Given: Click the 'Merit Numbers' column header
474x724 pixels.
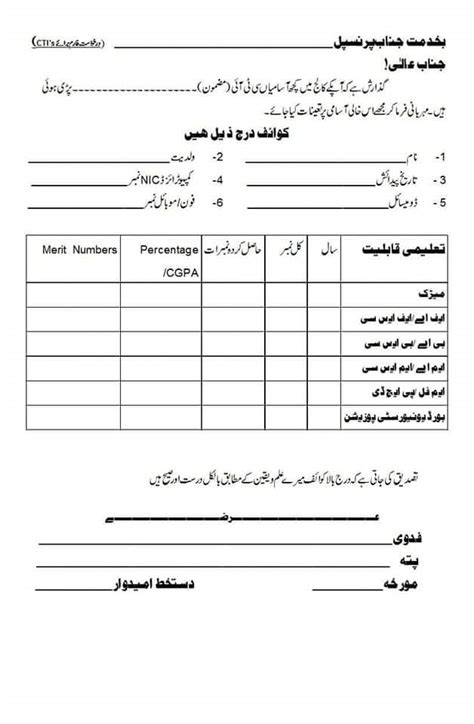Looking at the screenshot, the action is tap(79, 248).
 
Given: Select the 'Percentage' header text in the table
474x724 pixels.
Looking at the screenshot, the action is tap(168, 248).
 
